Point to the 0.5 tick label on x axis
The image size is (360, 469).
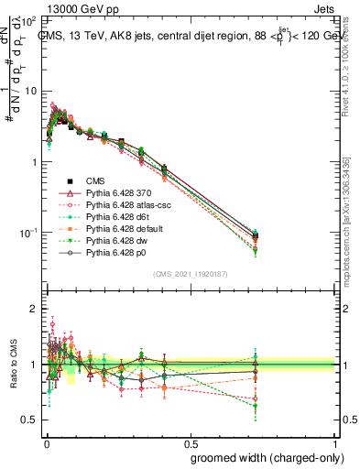click(190, 442)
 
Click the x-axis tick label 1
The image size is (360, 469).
click(335, 442)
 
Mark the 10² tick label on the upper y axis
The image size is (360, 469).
click(29, 20)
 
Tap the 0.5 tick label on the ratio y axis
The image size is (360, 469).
click(29, 420)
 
